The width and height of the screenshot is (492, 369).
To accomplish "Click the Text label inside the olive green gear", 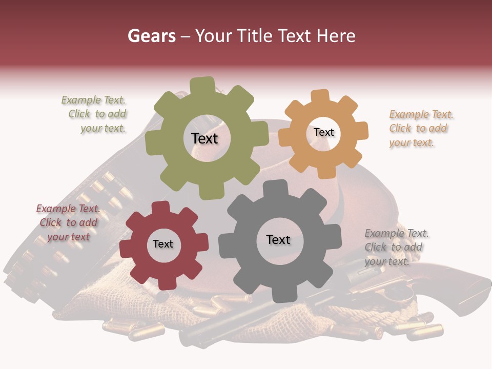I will coord(204,138).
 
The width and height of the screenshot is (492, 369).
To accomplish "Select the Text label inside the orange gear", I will coord(323,132).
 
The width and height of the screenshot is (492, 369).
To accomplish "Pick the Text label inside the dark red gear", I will coord(163,244).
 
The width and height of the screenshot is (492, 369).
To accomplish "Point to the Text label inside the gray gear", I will coord(278,239).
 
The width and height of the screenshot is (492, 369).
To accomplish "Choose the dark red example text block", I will coord(69,222).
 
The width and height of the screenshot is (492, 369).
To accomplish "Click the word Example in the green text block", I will coord(81,100).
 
